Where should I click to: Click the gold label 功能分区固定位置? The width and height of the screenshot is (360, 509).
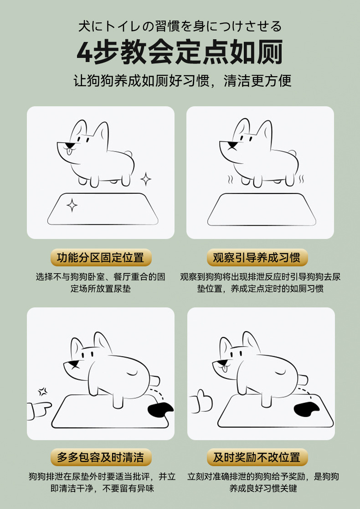[100, 258]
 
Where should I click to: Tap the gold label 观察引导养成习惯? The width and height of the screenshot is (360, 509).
[257, 258]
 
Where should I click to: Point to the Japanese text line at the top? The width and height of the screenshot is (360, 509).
[180, 26]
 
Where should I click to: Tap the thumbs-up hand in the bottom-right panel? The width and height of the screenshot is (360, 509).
[201, 402]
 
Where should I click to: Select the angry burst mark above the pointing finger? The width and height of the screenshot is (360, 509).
[43, 391]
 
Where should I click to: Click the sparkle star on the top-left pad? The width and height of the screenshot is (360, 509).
[72, 206]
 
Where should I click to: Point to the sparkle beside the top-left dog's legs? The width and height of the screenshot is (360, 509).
[146, 179]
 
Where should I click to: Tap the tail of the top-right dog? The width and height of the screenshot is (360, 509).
[292, 154]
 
